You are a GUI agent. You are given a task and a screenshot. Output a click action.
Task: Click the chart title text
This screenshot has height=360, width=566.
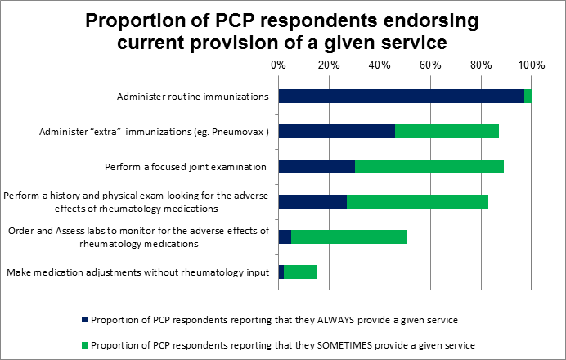point(283,32)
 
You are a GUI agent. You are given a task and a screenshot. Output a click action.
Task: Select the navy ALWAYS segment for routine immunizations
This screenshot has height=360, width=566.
point(401,97)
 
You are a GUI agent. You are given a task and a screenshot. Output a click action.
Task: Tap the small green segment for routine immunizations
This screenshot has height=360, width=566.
point(528,97)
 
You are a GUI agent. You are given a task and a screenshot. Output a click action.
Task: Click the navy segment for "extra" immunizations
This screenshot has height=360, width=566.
point(336,132)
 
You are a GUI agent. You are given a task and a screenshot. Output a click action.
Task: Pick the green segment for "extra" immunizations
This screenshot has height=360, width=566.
point(447,132)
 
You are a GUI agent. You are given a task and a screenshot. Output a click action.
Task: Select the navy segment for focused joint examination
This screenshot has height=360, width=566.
point(317,167)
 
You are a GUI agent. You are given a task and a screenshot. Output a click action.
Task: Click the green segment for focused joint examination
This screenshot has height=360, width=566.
point(429,167)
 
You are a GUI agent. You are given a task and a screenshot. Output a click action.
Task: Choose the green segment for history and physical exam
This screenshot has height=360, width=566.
point(417,202)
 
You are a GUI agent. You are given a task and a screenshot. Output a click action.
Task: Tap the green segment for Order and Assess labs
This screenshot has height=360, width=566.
point(348,237)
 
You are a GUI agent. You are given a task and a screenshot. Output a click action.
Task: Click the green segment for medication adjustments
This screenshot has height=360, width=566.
point(299,272)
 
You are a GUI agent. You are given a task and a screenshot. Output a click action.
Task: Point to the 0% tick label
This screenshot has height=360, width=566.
point(278,65)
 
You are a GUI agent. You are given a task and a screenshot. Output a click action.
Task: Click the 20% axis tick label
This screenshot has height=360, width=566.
point(329,65)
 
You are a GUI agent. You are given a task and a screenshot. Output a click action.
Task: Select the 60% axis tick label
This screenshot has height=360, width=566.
point(429,65)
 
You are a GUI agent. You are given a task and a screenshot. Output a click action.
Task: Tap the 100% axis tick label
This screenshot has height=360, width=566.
point(531,65)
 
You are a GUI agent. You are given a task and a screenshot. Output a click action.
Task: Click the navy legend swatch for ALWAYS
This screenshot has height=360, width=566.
point(84,319)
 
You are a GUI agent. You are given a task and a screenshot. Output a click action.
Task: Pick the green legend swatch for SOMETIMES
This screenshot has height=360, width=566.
point(84,344)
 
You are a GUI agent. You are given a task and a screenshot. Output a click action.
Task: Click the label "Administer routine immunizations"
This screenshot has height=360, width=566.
point(193,97)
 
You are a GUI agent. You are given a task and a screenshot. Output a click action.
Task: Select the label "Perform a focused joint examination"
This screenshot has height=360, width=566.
point(186,167)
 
